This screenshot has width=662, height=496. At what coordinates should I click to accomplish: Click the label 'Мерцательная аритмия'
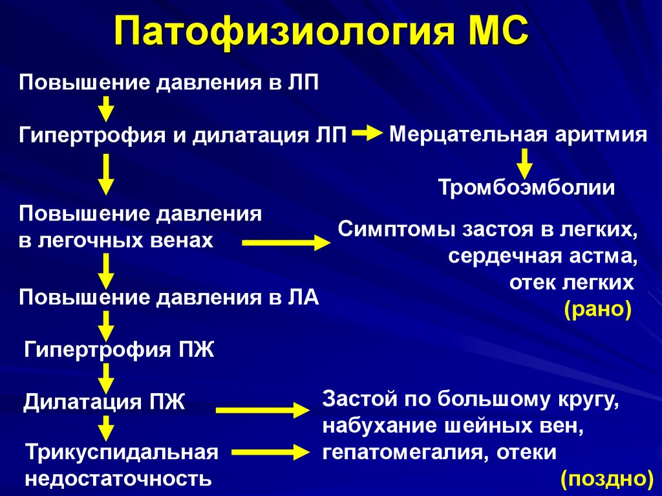(x=518, y=135)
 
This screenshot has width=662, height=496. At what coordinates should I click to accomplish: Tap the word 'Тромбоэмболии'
(x=526, y=188)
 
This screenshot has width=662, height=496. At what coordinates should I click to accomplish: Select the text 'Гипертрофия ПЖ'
(x=119, y=350)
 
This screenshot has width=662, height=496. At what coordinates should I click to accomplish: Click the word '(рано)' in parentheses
(x=597, y=309)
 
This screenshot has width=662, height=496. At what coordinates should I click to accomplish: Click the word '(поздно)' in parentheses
(x=606, y=479)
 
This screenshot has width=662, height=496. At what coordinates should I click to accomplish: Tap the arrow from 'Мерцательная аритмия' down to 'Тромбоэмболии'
(x=524, y=163)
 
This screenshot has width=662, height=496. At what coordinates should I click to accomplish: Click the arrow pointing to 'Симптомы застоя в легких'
(x=286, y=243)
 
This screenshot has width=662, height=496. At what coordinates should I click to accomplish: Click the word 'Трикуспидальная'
(x=121, y=452)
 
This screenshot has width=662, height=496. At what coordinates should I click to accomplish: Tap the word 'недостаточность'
(x=118, y=479)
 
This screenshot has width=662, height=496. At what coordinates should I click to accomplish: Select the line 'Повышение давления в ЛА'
(x=169, y=297)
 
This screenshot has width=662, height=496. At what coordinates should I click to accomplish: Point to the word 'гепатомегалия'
(x=404, y=452)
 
